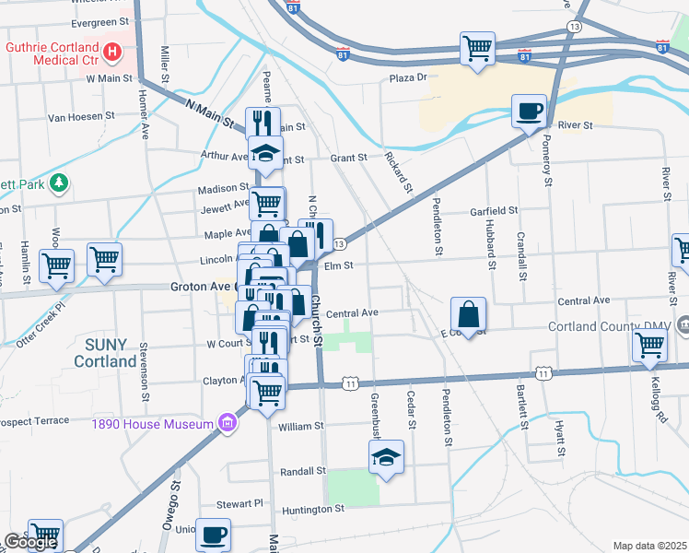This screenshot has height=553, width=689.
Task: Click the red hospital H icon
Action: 112,52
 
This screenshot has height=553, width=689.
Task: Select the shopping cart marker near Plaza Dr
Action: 477,48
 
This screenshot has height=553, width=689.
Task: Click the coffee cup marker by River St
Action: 529,112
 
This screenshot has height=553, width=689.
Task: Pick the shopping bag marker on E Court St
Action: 469,314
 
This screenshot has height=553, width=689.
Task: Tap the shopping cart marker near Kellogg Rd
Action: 649,347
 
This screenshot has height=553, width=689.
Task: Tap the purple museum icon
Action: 227,424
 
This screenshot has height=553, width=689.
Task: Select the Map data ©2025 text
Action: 649,546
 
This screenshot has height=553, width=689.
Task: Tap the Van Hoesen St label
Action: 81,117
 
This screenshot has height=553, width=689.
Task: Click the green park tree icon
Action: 60,183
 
